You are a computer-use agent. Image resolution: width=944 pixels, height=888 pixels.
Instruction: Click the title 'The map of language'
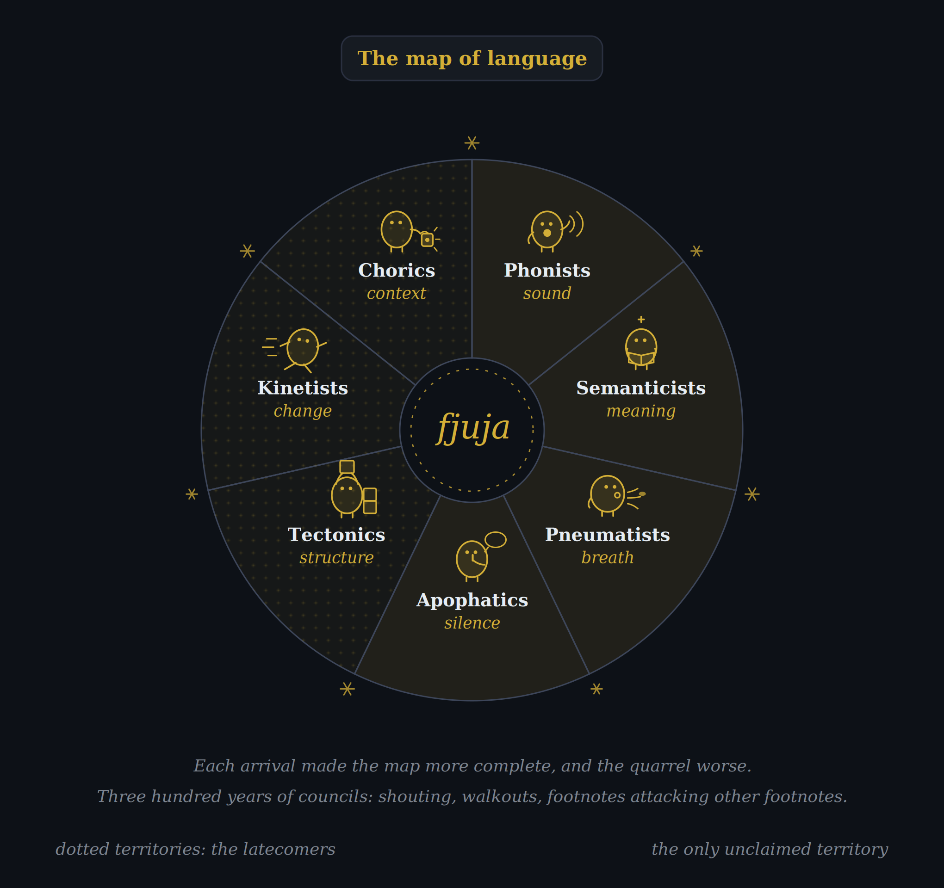(x=472, y=58)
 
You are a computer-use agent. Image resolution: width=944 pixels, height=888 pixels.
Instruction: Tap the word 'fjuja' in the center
(x=473, y=428)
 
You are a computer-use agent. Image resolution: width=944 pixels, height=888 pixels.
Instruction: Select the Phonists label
(x=547, y=271)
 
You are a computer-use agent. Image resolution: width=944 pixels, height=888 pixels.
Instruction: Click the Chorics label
(x=397, y=271)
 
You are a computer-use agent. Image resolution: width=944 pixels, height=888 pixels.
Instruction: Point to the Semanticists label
(x=641, y=388)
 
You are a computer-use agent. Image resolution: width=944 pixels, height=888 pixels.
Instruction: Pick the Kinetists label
(x=303, y=388)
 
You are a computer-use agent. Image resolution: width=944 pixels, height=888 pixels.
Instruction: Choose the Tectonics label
(x=336, y=535)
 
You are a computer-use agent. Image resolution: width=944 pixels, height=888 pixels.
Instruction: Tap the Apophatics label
(x=472, y=600)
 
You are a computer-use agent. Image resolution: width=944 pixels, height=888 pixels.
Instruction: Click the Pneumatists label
(x=607, y=535)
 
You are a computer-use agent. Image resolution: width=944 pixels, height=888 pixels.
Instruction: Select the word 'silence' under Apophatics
(x=472, y=623)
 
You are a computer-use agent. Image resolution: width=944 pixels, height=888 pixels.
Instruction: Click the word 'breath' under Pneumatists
(x=607, y=557)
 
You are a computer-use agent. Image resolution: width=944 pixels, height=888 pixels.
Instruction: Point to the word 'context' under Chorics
(x=397, y=293)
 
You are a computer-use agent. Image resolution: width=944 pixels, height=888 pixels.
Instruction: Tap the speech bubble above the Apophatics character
(x=495, y=540)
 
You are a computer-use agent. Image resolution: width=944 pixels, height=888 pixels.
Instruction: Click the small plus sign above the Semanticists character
(x=641, y=320)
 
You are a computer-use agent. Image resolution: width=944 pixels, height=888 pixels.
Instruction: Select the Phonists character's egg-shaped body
(x=547, y=230)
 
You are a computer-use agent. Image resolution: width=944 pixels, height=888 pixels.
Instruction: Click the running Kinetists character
(x=299, y=350)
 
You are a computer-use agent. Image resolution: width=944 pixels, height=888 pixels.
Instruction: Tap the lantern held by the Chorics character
(x=428, y=240)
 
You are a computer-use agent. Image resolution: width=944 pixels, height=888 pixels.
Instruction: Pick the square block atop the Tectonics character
(x=347, y=467)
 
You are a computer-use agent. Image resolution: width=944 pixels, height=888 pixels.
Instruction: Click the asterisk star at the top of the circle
(x=472, y=143)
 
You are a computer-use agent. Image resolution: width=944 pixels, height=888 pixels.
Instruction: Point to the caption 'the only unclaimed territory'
(x=769, y=849)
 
